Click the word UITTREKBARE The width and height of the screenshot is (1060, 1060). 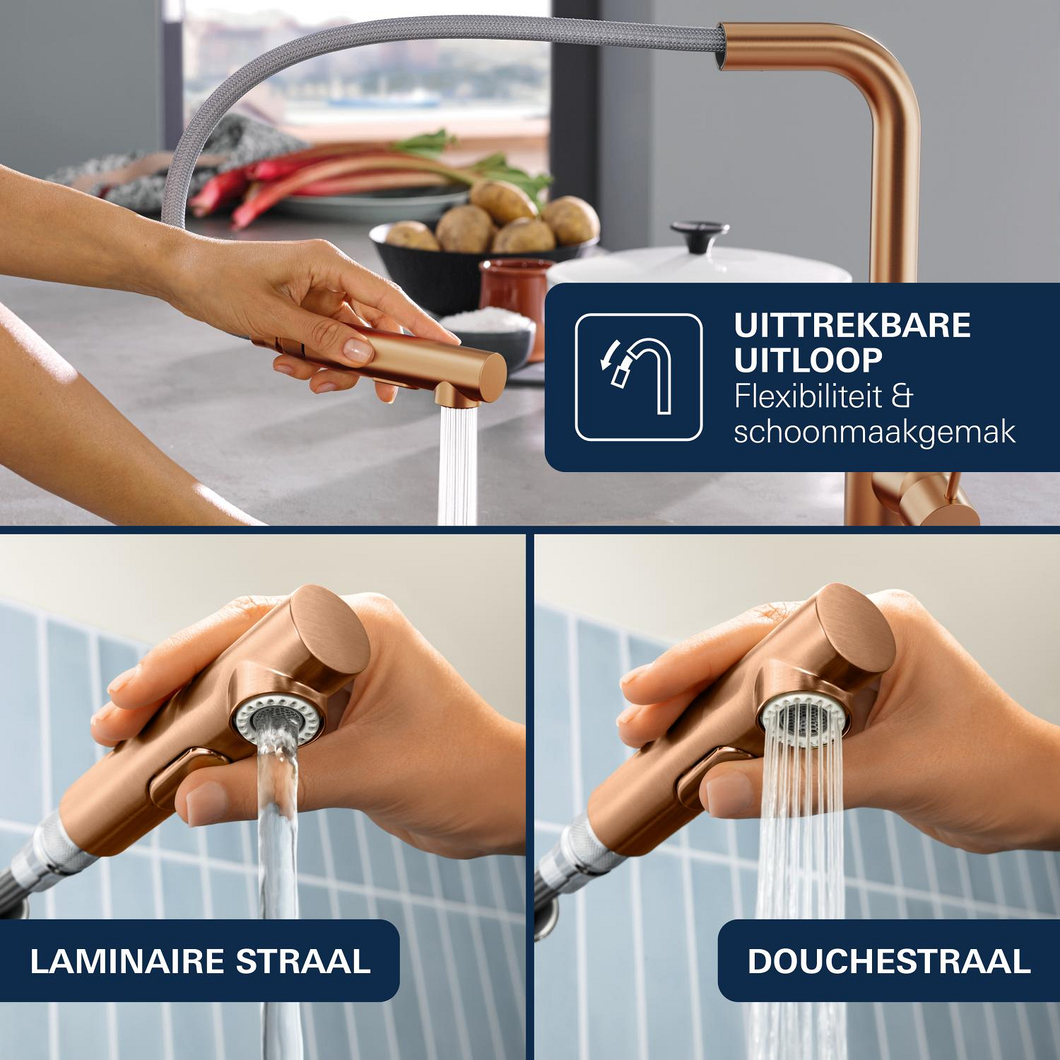tap(852, 326)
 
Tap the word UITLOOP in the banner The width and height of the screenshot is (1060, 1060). tap(808, 360)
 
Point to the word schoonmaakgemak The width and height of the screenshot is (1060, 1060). tap(875, 432)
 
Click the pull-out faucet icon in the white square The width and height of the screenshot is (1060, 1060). tap(638, 377)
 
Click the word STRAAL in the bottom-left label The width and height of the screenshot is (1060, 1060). tap(302, 961)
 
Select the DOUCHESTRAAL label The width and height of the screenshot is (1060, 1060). tap(888, 961)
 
